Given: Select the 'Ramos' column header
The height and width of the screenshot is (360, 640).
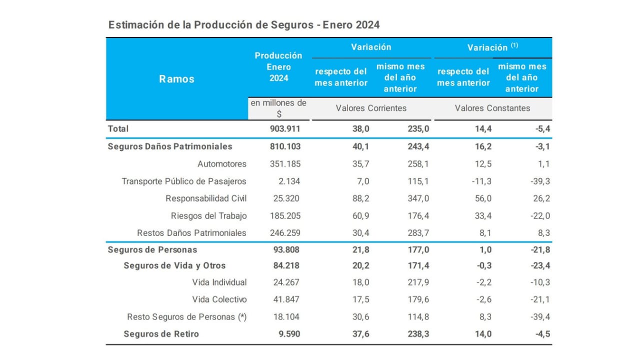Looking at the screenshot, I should pos(176,78).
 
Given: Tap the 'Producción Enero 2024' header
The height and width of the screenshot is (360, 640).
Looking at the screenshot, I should pos(278,66).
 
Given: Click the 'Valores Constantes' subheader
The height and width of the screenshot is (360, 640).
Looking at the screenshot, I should pos(492,108).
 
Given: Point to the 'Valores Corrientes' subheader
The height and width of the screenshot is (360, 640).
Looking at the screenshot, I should pos(371,108).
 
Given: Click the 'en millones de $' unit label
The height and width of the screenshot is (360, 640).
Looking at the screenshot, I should pos(278,108).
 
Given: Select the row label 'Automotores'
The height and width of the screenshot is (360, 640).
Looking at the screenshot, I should pos(222,163).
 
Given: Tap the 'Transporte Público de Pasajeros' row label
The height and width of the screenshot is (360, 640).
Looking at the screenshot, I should pos(184,181).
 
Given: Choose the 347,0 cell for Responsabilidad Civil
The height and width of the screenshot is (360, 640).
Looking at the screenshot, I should pos(418,198).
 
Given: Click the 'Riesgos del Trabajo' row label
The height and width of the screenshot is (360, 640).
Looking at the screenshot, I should pos(208,216).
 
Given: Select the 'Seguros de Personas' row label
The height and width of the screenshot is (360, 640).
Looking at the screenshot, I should pos(152,249).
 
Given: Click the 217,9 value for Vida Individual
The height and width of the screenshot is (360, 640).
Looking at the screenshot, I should pos(418,282).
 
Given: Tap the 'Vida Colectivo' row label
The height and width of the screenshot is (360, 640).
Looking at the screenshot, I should pos(219,299).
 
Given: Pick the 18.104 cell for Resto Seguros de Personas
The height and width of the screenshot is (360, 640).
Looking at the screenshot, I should pos(285,317).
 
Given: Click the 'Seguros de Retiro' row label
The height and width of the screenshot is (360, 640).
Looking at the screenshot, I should pos(161,334).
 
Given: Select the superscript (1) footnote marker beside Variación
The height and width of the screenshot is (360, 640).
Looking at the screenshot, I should pos(514,45).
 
